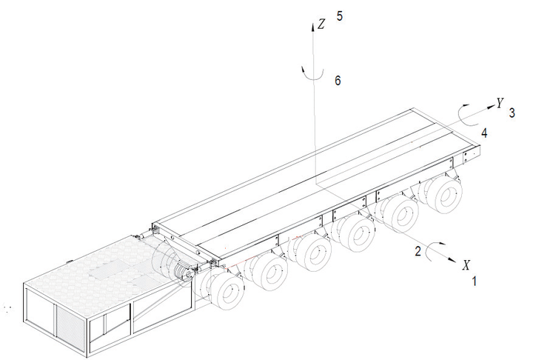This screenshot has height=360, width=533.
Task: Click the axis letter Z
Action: coord(321,24)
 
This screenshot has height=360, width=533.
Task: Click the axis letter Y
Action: coord(499,103)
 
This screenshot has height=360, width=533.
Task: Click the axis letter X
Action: coord(466,264)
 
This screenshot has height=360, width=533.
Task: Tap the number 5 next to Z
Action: coord(340,16)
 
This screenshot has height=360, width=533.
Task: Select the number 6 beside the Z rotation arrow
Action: coord(338,81)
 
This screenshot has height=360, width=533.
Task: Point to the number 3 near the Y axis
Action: coord(512,113)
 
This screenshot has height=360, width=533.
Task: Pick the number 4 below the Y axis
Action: coord(484,133)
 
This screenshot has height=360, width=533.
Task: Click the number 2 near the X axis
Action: coord(418,251)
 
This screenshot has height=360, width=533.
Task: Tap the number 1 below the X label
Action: coord(474,281)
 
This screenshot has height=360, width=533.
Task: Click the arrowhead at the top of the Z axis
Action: coord(312,27)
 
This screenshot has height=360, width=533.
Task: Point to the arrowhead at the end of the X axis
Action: coord(452,259)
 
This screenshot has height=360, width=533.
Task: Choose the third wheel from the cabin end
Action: coord(312,254)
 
